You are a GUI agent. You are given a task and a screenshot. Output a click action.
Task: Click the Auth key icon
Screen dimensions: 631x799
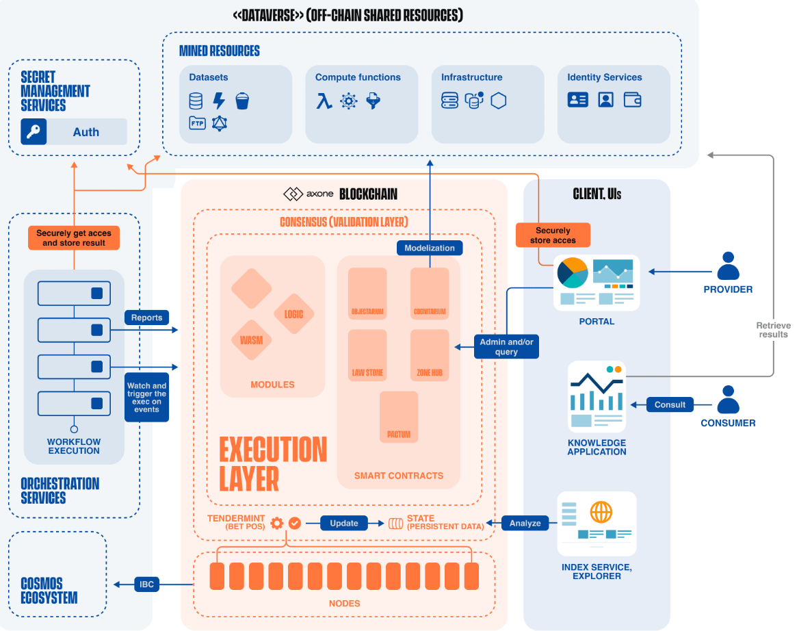coord(34,132)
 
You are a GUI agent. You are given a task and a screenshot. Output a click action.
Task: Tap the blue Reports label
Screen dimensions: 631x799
coord(146,318)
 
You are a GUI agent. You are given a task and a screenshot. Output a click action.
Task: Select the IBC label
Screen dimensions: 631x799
coord(146,584)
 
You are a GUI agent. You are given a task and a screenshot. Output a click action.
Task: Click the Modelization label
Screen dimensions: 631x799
coord(430,248)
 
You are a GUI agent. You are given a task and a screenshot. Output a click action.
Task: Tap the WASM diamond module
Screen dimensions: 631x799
coord(251,340)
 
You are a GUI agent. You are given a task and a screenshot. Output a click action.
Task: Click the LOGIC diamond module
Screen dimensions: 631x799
coord(293,314)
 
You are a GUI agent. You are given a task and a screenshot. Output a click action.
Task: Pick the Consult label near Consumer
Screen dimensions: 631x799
coord(670,404)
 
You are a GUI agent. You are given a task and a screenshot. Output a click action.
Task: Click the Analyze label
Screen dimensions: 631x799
coord(525,524)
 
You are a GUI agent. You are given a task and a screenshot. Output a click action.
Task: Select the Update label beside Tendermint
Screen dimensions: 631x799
coord(344,524)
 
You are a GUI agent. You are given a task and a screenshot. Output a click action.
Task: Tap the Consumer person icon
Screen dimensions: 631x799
coord(728,400)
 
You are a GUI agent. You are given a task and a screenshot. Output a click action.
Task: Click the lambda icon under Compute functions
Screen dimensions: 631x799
coord(324,101)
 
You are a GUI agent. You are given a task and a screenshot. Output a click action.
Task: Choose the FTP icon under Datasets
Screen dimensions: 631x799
coord(196,123)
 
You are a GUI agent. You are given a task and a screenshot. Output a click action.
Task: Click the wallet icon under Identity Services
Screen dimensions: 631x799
coord(633,100)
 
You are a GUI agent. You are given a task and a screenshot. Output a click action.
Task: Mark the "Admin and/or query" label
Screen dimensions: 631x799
coord(506,347)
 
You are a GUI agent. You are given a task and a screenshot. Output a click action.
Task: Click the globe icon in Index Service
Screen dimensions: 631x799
coord(601,512)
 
